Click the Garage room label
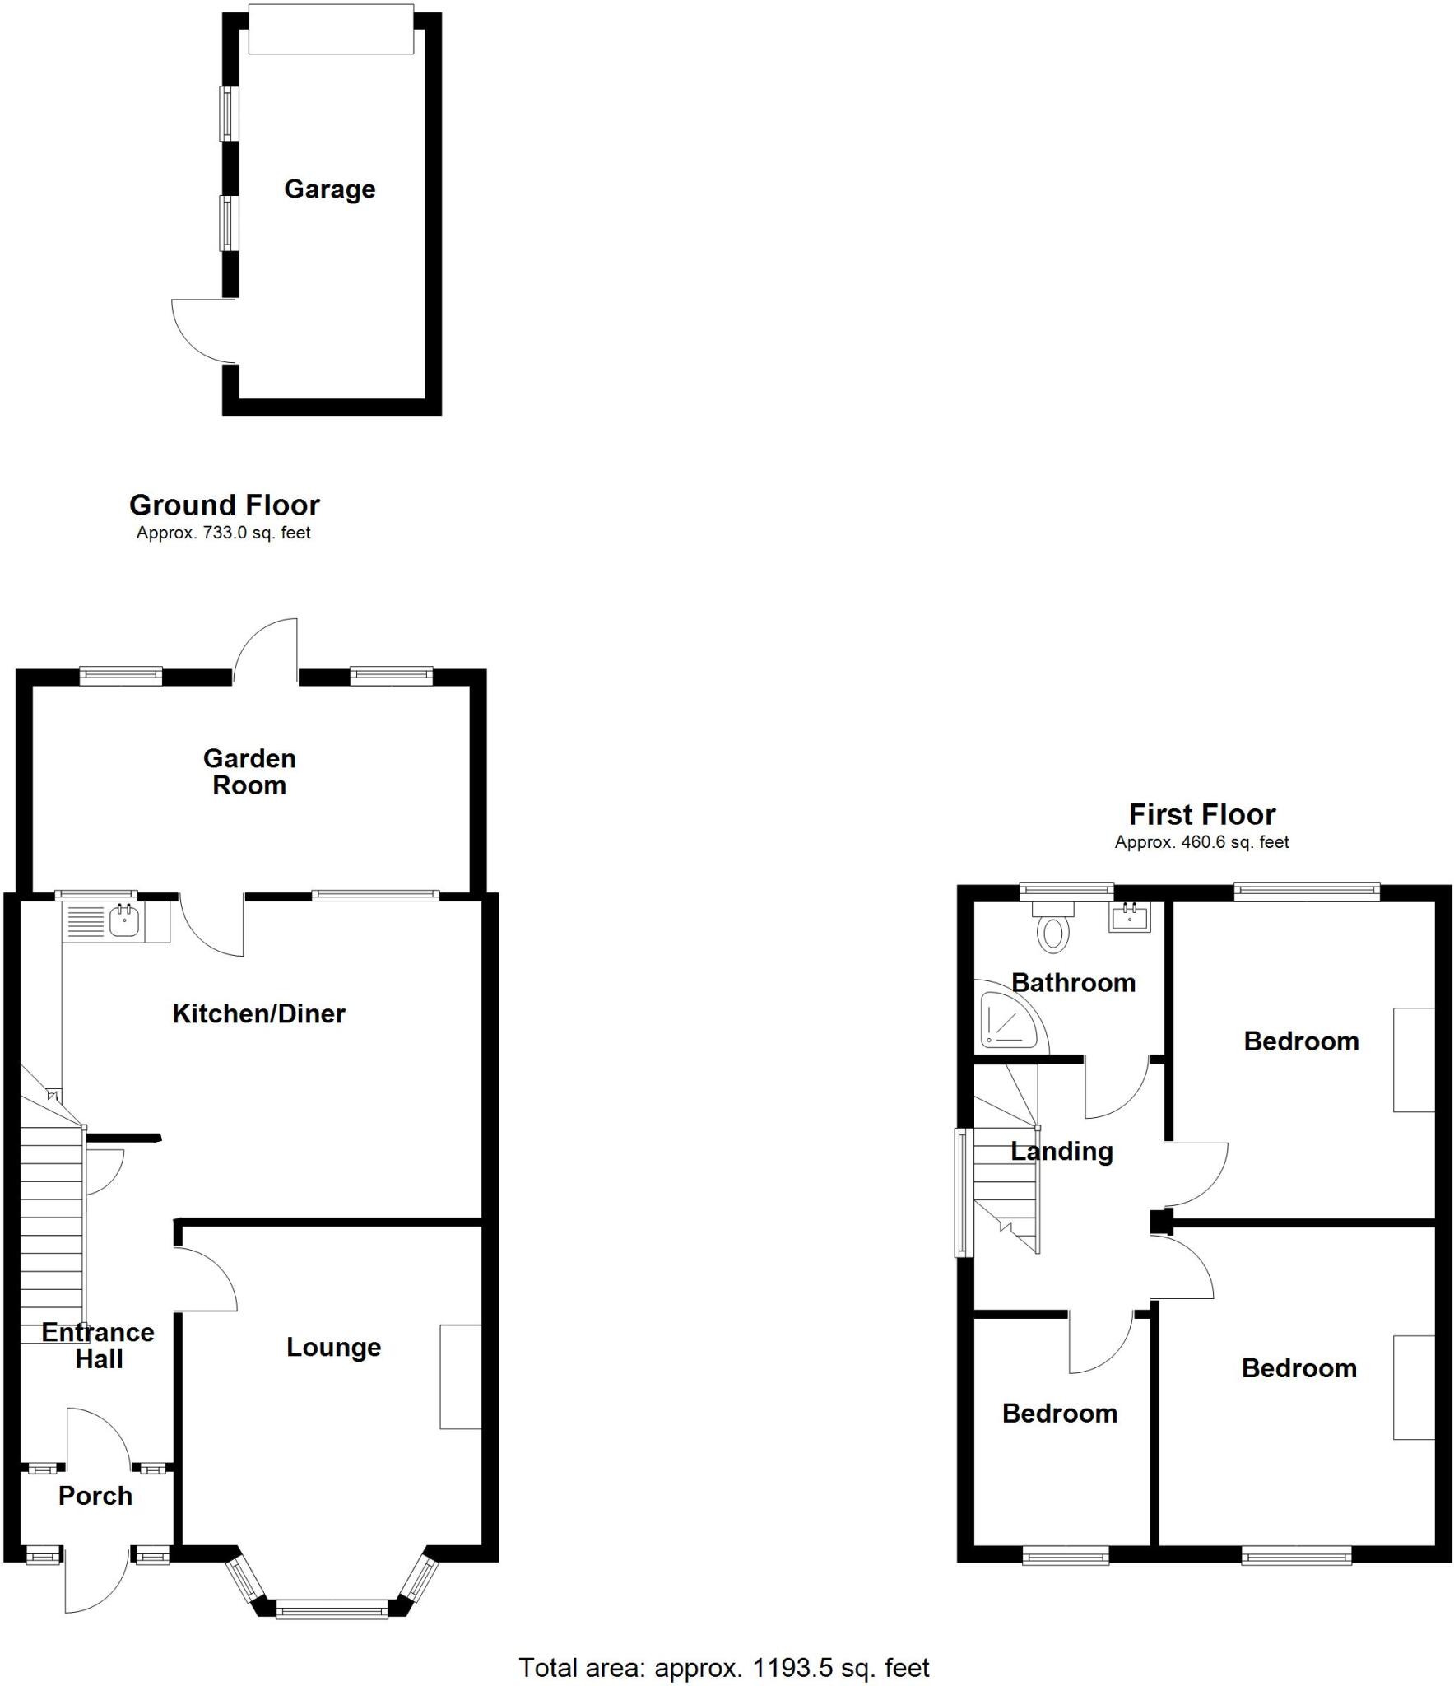pos(329,189)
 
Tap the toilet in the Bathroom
pos(1053,928)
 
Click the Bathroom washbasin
pos(1130,917)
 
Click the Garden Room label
pos(249,771)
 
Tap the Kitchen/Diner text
pos(258,1013)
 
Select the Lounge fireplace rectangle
pos(460,1376)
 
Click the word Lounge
pos(333,1348)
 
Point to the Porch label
pos(95,1496)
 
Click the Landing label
pos(1061,1151)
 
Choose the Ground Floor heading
pos(224,505)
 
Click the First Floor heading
pos(1201,814)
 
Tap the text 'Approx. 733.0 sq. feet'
pos(223,533)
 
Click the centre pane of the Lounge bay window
pos(332,1609)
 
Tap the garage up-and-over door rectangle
pos(331,29)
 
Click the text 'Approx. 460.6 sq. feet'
pos(1201,842)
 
